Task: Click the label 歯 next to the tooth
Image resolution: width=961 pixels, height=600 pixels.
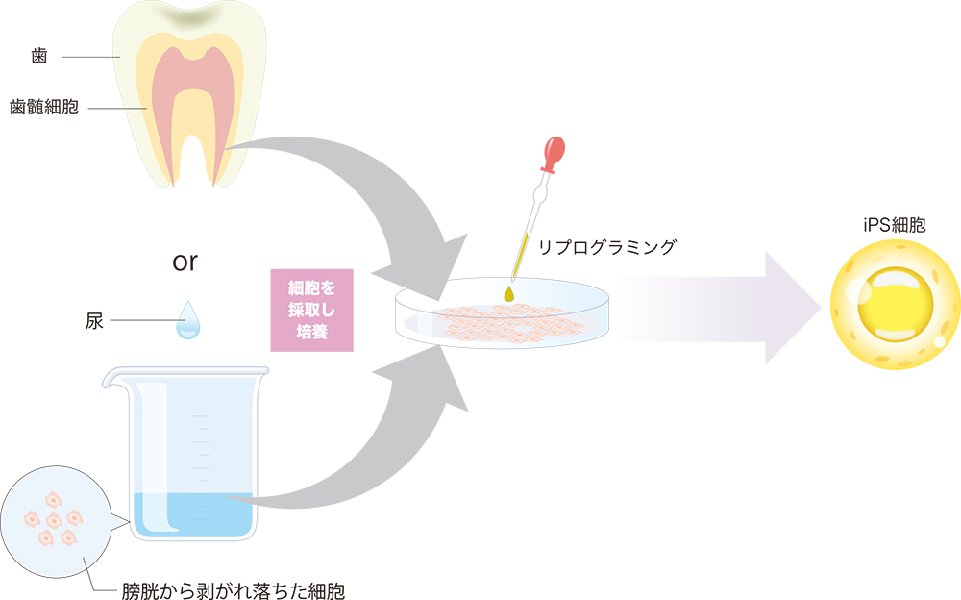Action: [37, 57]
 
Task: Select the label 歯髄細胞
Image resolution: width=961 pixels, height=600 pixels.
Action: [44, 107]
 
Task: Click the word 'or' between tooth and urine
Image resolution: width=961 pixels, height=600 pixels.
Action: [186, 262]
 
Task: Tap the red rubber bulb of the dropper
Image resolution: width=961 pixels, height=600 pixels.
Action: [554, 152]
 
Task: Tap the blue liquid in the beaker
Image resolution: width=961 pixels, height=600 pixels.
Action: [192, 515]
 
